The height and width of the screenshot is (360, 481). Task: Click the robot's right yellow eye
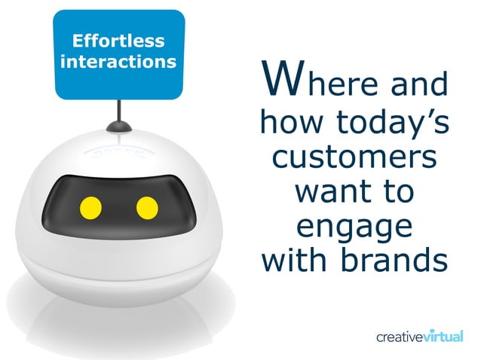146,206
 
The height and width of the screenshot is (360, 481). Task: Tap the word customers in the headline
354,159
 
